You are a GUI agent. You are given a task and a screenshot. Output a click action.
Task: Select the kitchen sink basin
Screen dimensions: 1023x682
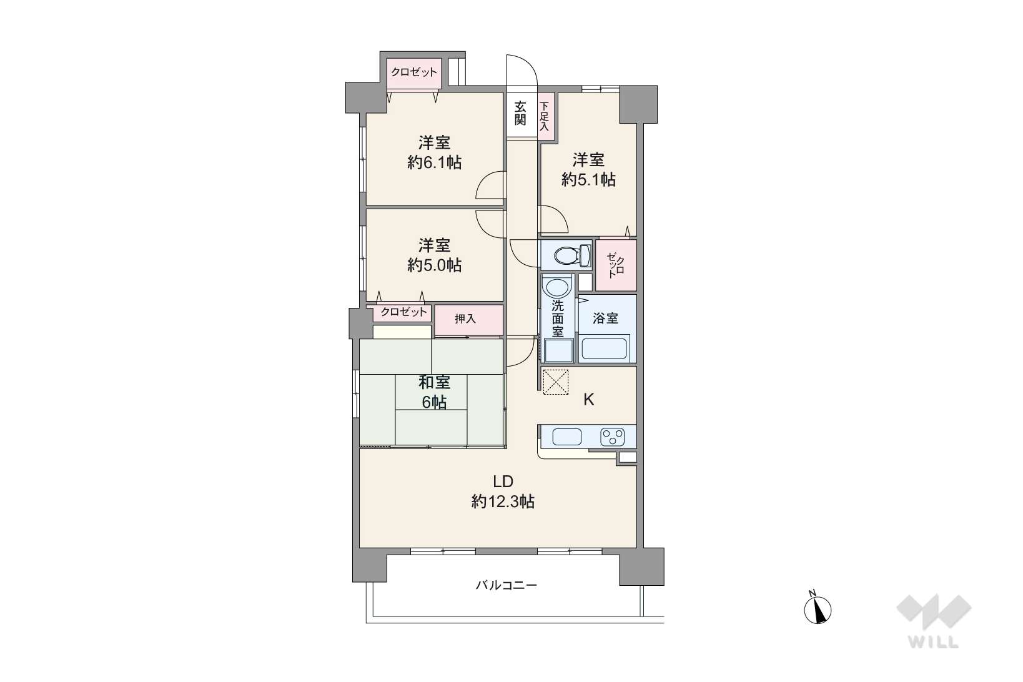click(x=566, y=437)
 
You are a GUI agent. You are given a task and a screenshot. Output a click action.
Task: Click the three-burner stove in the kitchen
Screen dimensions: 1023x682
click(x=613, y=437)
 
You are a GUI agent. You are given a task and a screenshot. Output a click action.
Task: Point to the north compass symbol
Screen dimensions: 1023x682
click(x=818, y=609)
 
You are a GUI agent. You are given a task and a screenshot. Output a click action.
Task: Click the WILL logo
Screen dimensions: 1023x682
click(x=934, y=621)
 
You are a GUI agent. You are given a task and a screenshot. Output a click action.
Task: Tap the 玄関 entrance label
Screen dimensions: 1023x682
click(x=520, y=113)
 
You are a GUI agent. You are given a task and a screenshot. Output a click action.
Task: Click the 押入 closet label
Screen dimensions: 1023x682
click(x=465, y=319)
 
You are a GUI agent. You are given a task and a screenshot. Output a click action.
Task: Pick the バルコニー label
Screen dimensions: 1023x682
click(x=507, y=585)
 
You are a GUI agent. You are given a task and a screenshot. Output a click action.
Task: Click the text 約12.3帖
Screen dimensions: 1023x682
click(x=503, y=502)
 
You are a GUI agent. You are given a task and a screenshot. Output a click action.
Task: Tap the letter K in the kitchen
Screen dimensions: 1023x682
click(x=589, y=400)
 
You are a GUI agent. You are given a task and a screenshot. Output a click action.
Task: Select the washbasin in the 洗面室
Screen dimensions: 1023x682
click(x=556, y=288)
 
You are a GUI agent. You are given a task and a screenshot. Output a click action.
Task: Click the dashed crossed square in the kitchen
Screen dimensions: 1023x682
click(x=556, y=382)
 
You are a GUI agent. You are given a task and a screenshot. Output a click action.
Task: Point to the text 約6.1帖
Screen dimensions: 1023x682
click(x=434, y=162)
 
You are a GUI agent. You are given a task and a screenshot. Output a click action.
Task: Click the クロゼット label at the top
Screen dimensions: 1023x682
click(x=414, y=72)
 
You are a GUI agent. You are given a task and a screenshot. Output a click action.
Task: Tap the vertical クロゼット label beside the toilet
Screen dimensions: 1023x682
click(x=616, y=265)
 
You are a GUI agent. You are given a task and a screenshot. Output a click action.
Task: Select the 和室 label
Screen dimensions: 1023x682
click(x=434, y=382)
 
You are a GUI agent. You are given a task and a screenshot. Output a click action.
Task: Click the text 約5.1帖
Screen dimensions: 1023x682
click(x=589, y=179)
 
